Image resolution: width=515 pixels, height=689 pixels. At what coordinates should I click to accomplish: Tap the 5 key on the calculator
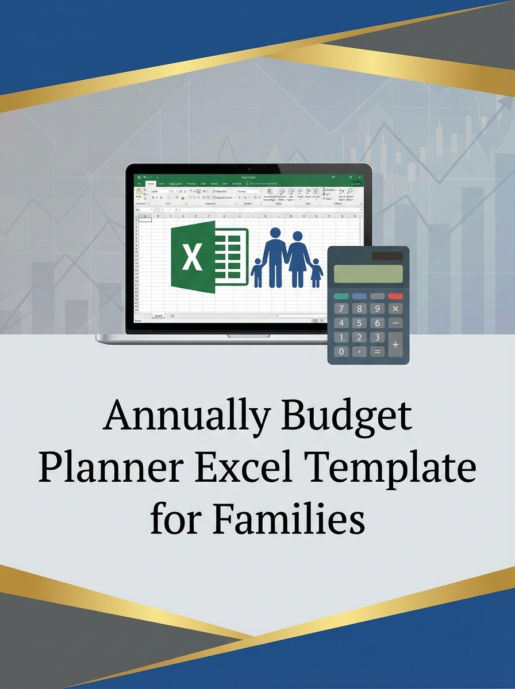pos(359,323)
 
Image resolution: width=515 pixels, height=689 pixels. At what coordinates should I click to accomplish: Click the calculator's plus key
pos(395,344)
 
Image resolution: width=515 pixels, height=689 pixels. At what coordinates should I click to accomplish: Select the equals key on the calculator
pos(378,351)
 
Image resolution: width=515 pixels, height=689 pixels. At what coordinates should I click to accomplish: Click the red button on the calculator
pos(395,296)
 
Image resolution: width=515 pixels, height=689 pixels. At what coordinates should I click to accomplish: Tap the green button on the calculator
pos(341,296)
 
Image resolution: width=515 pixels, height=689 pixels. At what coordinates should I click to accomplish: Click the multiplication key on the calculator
pos(395,309)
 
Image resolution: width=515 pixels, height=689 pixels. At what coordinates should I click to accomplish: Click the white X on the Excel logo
pos(192,257)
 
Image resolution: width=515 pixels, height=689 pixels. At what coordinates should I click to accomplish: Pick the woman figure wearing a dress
pos(298,258)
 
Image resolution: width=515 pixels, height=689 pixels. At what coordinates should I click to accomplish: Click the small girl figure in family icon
pos(316,273)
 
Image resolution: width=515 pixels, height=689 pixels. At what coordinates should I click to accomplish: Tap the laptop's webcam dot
pos(249,169)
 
